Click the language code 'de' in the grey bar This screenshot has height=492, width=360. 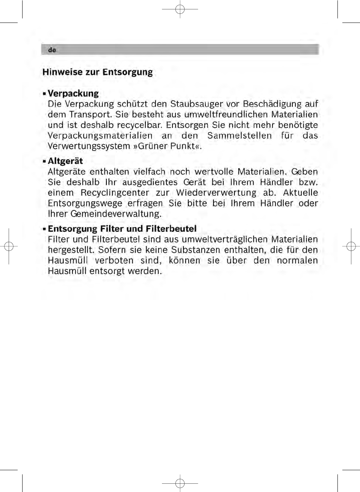[x=52, y=50]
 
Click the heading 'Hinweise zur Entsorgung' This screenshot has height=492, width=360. [x=98, y=72]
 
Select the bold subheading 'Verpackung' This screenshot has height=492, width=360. [x=73, y=94]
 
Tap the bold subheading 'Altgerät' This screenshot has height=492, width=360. [x=65, y=161]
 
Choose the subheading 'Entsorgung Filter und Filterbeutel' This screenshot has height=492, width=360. [x=122, y=229]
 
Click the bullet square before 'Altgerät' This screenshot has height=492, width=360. [x=44, y=161]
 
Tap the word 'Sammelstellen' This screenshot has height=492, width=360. [x=239, y=136]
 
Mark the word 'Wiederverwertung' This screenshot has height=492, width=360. [x=216, y=193]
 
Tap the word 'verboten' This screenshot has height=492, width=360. [x=114, y=261]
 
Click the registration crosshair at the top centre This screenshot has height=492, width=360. [x=180, y=9]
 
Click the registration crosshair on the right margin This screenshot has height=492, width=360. [x=351, y=246]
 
